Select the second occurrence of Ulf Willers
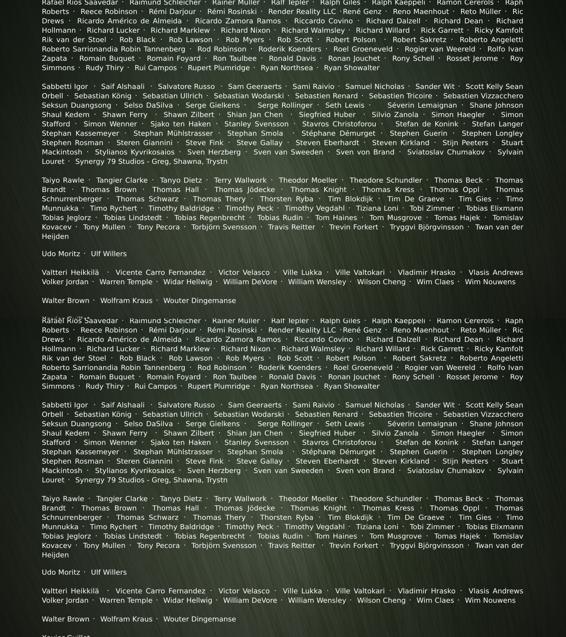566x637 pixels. click(x=109, y=572)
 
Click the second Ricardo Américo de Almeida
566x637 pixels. click(x=129, y=339)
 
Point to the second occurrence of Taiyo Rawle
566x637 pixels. click(x=63, y=499)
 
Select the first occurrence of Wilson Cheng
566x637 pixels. click(x=381, y=282)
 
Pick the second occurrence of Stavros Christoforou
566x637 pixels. click(x=339, y=443)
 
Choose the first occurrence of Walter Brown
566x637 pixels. click(x=65, y=300)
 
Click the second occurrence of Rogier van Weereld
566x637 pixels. click(x=440, y=367)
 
